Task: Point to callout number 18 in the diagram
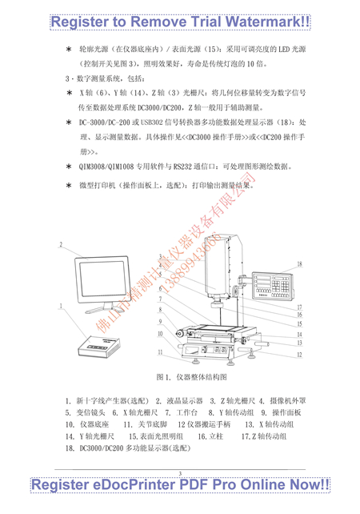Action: [x=299, y=264]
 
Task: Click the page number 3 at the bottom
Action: [x=181, y=474]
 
